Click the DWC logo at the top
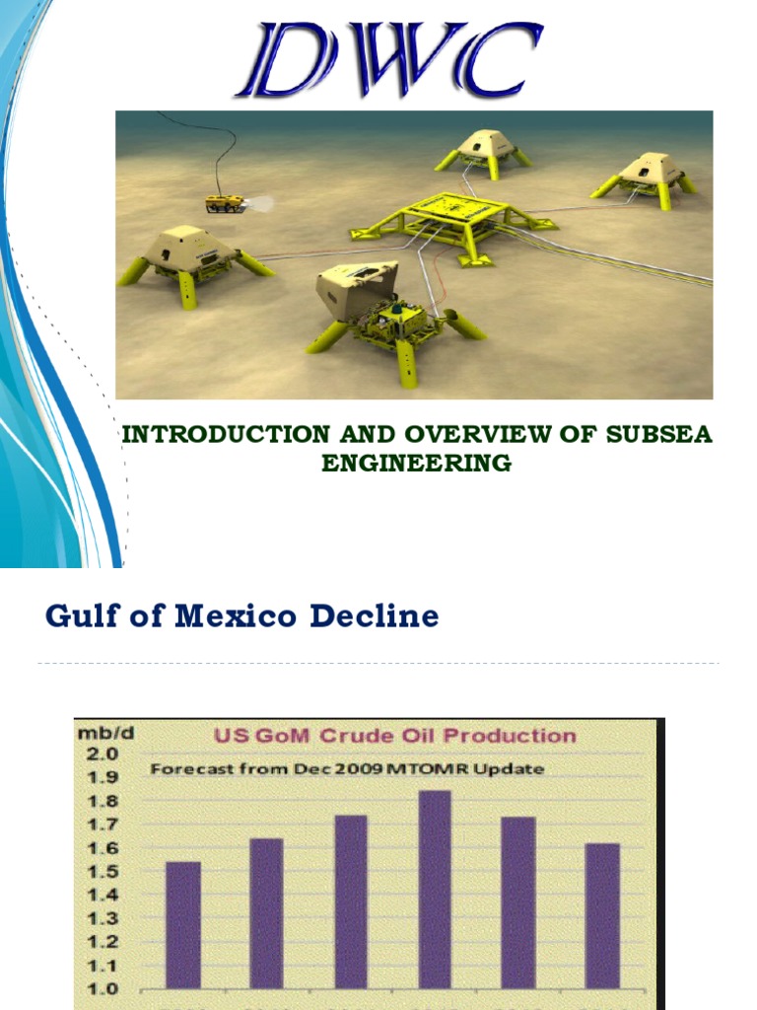(387, 61)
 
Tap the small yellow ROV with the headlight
(225, 203)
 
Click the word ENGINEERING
(416, 463)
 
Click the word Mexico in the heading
(236, 617)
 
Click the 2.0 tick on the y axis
(104, 754)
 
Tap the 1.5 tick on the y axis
(104, 871)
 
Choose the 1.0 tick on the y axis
(104, 988)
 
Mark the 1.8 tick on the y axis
(104, 801)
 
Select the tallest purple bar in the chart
(435, 888)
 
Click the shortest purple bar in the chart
(182, 924)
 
